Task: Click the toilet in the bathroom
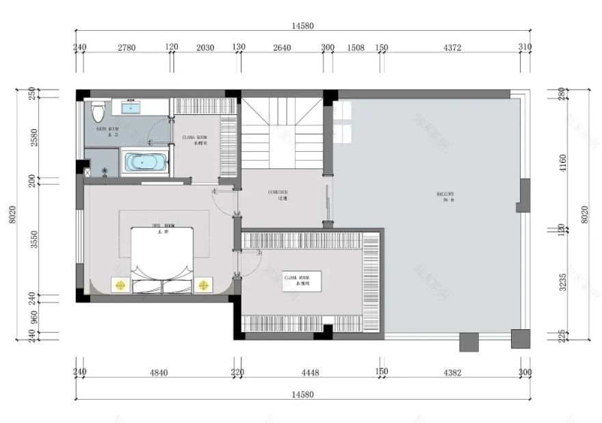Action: coord(99,112)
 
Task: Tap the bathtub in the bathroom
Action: coord(144,163)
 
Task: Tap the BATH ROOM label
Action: coord(107,130)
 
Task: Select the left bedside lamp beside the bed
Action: coord(120,284)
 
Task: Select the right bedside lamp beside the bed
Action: coord(202,284)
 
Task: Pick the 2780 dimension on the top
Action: coord(127,48)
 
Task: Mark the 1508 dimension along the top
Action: coord(356,48)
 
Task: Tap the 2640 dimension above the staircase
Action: coord(282,48)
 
